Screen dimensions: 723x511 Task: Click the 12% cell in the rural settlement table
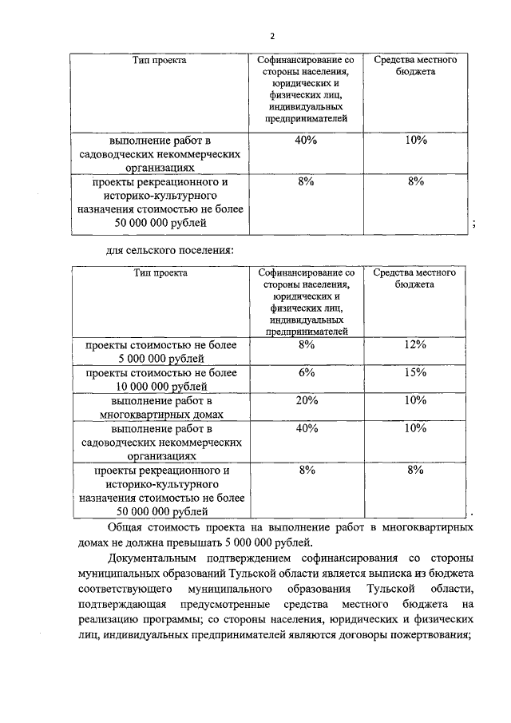415,344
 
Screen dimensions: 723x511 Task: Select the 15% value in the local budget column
415,372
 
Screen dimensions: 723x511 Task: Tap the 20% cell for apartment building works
307,400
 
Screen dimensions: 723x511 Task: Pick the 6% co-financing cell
307,372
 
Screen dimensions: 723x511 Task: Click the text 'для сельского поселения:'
169,250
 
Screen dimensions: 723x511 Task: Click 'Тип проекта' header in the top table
160,61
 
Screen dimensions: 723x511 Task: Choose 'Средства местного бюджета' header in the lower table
414,278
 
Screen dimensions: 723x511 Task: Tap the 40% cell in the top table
307,141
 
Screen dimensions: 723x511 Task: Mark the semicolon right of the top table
474,224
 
